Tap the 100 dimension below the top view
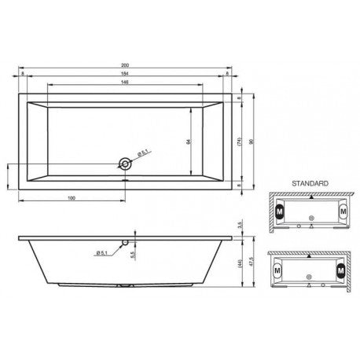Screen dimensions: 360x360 [72, 197]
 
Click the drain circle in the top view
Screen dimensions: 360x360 [124, 163]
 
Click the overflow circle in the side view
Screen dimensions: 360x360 [124, 243]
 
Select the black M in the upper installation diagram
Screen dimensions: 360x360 [277, 211]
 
